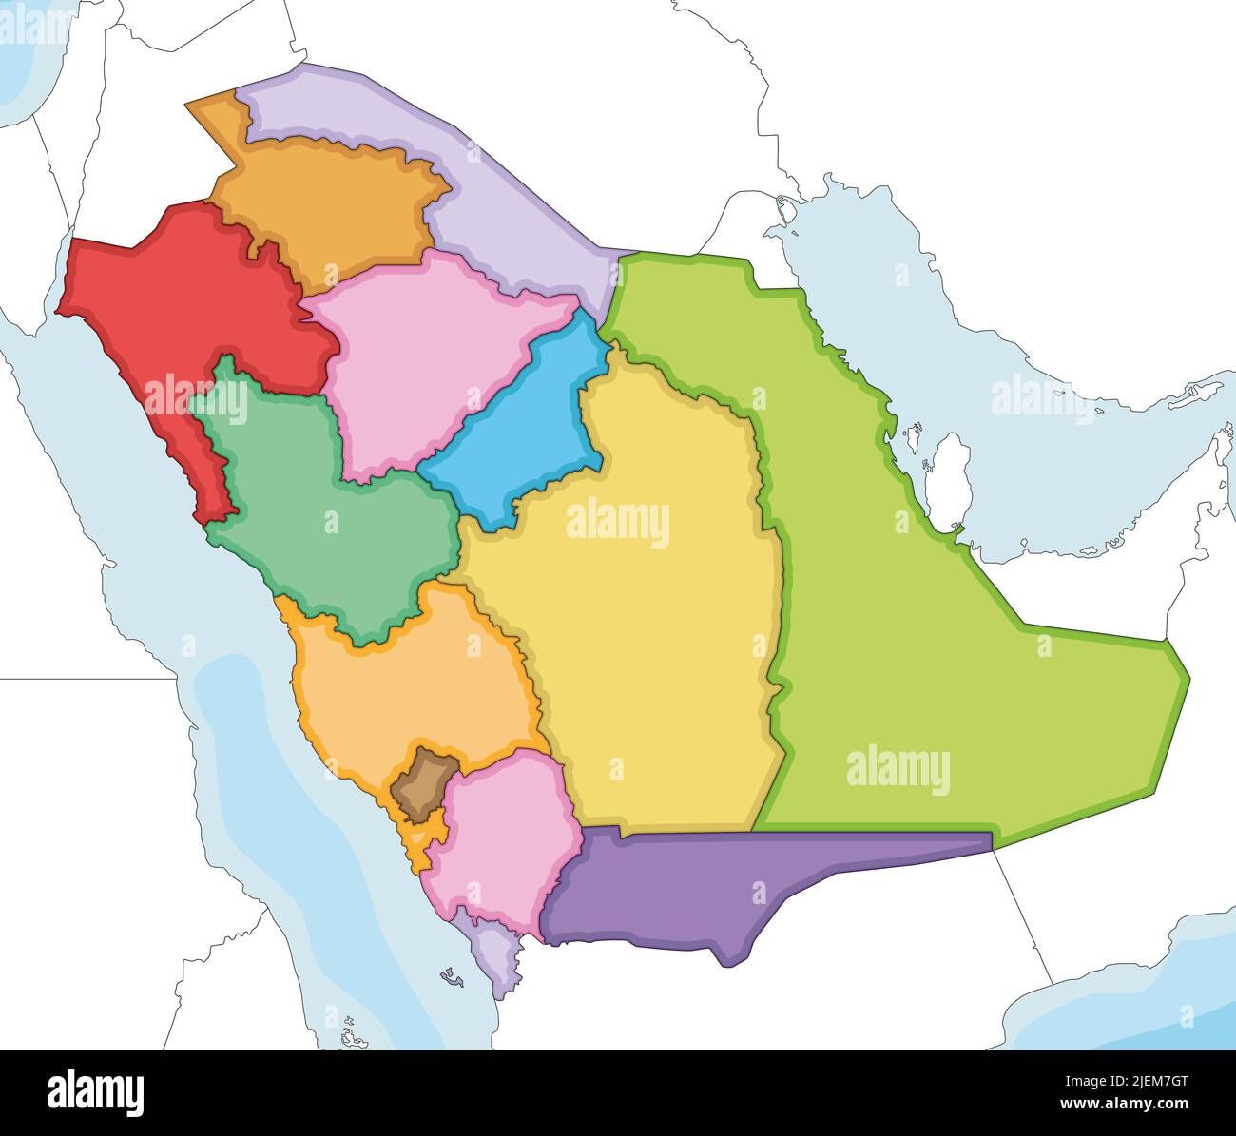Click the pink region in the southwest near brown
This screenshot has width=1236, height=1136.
[504, 837]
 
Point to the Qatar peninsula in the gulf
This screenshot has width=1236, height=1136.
[948, 475]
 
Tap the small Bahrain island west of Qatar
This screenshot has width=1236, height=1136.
[915, 439]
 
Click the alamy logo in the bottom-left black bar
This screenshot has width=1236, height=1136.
[96, 1093]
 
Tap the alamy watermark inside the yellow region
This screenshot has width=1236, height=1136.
[618, 523]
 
